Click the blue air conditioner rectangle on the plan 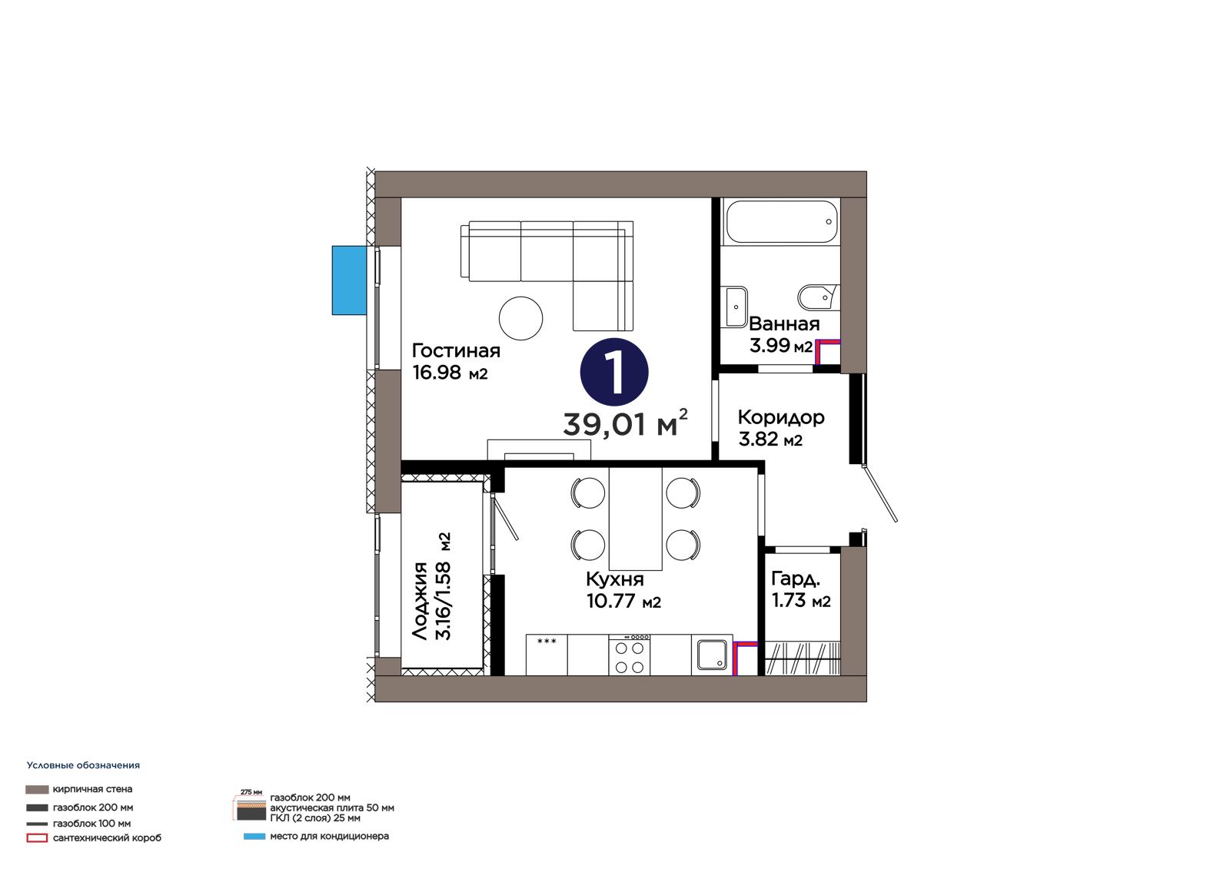[349, 280]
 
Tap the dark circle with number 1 [614, 372]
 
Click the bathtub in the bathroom [781, 222]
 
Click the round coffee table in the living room [520, 318]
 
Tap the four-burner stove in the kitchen [630, 655]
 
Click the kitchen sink [712, 655]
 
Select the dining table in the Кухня [635, 519]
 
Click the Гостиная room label [456, 351]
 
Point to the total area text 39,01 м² [625, 423]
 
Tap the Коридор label [781, 417]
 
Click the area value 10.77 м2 [623, 601]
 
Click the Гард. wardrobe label [796, 579]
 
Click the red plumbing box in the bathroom [827, 351]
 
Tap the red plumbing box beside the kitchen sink [745, 658]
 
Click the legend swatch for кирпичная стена [37, 789]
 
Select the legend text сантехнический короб [107, 838]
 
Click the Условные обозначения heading [84, 765]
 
